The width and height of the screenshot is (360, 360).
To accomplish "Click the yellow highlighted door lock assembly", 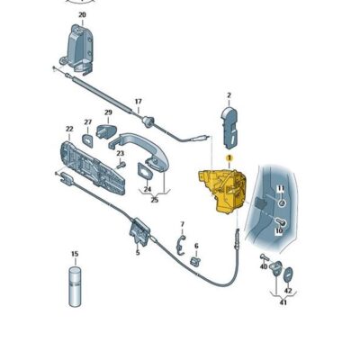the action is [x=222, y=192].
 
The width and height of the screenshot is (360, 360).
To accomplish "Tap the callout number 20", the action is [x=82, y=14].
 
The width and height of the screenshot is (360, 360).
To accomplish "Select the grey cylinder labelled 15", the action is [x=75, y=286].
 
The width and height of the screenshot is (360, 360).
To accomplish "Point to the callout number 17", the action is [x=138, y=102].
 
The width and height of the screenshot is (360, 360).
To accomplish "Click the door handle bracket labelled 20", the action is [x=78, y=49].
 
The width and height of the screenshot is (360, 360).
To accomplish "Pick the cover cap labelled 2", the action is [x=229, y=129].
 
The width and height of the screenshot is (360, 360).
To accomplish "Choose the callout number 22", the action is [x=69, y=129].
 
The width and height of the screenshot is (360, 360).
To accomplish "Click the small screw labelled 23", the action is [x=121, y=165].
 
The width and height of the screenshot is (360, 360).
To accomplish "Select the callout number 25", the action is [x=155, y=200].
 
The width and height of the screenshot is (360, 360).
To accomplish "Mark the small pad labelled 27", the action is [x=87, y=140].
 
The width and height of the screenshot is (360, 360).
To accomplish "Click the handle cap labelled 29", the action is [x=106, y=131].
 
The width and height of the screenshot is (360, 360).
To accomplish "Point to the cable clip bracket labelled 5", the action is [x=139, y=231].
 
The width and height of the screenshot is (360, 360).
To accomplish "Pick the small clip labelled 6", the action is [x=195, y=261].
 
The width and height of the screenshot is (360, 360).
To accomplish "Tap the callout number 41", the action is [x=283, y=302].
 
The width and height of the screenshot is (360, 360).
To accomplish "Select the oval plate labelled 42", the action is [x=289, y=274].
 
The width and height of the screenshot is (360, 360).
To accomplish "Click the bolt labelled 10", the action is [x=280, y=222].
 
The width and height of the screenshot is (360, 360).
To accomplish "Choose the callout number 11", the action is [x=281, y=188].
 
